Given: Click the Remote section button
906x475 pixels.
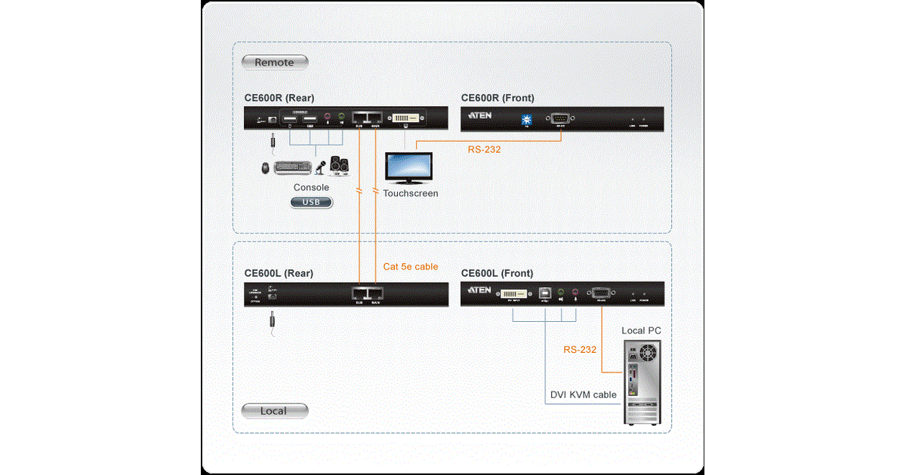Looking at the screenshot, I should (x=274, y=63).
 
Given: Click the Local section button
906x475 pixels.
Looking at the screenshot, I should (x=274, y=411).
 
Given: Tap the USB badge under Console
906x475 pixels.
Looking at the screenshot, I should (x=311, y=202).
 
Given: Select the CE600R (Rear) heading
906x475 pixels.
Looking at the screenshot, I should (x=279, y=98).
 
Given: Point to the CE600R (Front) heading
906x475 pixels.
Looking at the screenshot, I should (x=497, y=98).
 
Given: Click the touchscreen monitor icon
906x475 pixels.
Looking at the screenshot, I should (x=408, y=168).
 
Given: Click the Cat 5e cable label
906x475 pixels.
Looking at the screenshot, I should (x=410, y=267).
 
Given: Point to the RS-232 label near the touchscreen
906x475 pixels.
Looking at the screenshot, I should (x=484, y=150).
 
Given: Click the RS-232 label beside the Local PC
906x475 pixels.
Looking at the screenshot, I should (x=580, y=350).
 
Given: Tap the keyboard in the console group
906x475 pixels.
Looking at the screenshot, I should (x=292, y=167).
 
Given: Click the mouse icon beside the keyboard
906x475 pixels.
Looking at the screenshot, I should (x=267, y=167).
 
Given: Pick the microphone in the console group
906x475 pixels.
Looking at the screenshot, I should (x=321, y=166).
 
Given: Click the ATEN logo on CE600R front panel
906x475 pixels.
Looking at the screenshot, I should (x=481, y=117).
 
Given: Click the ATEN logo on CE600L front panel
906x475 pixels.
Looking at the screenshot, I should (x=481, y=292).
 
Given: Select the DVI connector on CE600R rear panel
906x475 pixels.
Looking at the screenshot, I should (x=407, y=118).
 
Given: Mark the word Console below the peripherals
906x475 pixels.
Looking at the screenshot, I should (x=311, y=188).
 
